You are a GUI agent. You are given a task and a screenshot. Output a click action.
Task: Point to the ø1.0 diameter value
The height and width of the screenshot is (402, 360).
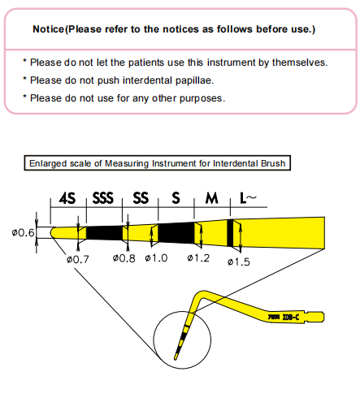click(158, 259)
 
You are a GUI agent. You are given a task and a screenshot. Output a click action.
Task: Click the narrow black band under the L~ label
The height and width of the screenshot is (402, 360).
click(231, 232)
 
